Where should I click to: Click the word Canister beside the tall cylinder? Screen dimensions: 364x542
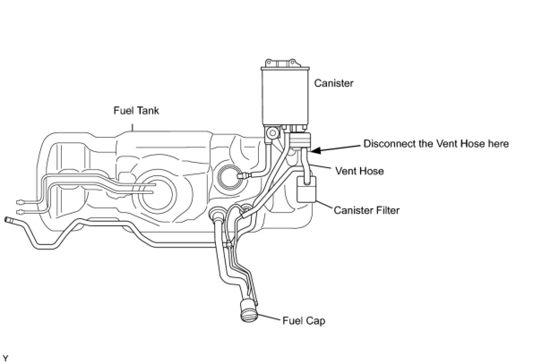334,83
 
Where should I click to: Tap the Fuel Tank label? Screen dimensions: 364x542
136,110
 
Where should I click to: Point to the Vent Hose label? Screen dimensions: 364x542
359,171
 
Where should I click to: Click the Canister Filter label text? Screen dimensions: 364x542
366,210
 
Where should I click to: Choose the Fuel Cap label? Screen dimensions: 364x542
304,321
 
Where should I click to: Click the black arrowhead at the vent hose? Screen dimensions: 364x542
315,150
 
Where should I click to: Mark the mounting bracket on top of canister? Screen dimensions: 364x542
281,62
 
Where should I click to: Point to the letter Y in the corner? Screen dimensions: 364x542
5,359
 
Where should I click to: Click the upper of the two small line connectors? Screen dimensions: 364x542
20,202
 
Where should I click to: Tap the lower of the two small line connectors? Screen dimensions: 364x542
20,212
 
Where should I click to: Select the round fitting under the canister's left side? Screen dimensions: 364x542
272,133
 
